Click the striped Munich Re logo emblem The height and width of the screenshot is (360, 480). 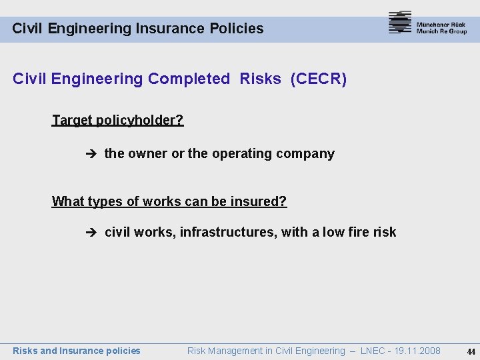[400, 23]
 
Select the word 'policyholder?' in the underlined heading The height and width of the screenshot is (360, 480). [139, 121]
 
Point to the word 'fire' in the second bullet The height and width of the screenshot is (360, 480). [358, 232]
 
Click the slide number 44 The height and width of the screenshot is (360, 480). [471, 351]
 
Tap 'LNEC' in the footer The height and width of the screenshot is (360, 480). [371, 351]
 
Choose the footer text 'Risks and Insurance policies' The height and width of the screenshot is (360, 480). [77, 351]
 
